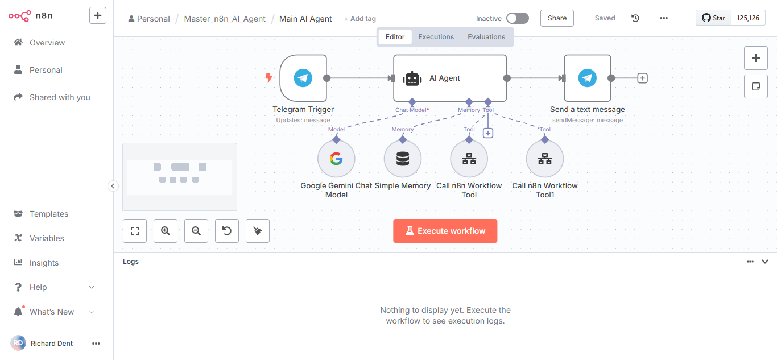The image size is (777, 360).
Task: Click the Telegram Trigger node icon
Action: (x=303, y=78)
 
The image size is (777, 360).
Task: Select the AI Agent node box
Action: (x=450, y=78)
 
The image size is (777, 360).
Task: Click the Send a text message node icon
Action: (x=587, y=78)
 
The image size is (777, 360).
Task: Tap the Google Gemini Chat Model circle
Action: (x=336, y=159)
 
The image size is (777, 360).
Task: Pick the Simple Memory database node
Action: (x=402, y=159)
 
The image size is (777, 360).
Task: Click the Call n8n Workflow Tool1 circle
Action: (x=544, y=159)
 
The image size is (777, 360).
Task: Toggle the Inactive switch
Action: (x=517, y=18)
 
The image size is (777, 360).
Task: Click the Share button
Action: (x=557, y=18)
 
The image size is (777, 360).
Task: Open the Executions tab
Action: (x=436, y=37)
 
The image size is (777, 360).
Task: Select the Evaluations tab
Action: (x=486, y=37)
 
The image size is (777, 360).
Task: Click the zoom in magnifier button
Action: (x=166, y=231)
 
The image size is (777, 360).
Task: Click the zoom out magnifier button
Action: (x=196, y=231)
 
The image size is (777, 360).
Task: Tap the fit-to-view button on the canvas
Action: (x=135, y=231)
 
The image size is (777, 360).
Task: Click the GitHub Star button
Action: (x=713, y=18)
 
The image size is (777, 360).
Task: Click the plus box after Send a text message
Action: (x=642, y=78)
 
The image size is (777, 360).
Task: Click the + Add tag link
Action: (x=359, y=19)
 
